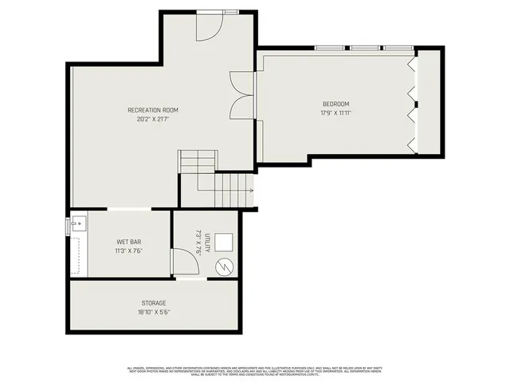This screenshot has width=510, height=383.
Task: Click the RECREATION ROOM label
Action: pos(153,110)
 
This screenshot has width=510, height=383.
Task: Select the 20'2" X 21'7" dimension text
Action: pos(153,119)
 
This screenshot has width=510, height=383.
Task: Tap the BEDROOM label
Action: pos(335,105)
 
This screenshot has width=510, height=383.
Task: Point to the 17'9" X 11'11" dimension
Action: pos(335,113)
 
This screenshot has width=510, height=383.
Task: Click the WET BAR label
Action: pos(129,241)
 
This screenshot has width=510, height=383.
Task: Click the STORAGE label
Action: pos(154,303)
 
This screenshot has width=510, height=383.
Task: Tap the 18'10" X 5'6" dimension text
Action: pos(154,312)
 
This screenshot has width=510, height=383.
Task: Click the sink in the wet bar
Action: pos(77,223)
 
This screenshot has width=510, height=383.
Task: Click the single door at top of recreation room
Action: pos(209,27)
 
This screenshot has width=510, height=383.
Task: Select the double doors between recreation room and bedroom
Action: pos(241,95)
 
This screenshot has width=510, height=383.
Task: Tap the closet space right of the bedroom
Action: pos(429,101)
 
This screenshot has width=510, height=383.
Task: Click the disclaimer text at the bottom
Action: pos(255,370)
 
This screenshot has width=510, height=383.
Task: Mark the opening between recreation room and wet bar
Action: pos(128,209)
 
